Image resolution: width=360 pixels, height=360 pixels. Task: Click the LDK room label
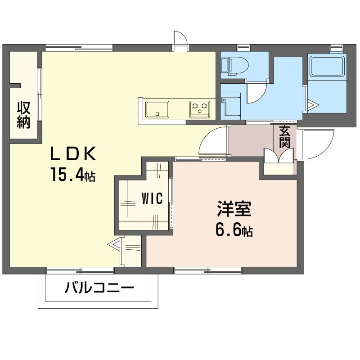[73, 154]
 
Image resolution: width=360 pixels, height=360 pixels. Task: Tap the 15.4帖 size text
[73, 175]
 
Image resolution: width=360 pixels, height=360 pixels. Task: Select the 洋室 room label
[234, 209]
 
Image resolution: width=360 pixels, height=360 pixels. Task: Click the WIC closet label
[152, 198]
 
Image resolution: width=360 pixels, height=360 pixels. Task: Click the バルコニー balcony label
[99, 287]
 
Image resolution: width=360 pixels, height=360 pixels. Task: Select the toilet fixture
[234, 66]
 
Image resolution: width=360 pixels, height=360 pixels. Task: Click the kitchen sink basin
[157, 109]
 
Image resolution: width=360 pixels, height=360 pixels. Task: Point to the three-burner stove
[199, 109]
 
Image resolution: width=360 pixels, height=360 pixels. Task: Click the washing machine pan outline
[231, 106]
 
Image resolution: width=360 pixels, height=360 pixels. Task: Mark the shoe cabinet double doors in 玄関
[279, 156]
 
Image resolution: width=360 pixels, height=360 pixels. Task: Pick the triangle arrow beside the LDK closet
[114, 244]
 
